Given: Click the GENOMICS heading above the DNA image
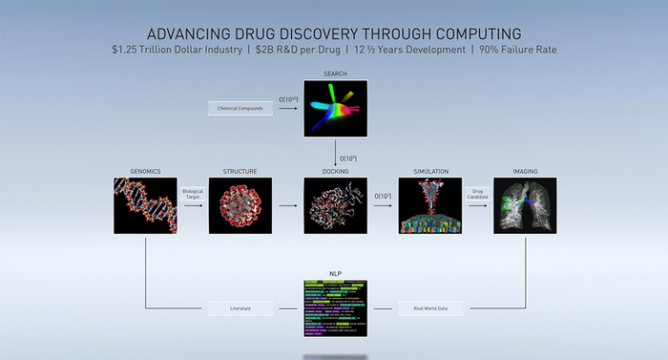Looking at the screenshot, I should (145, 172).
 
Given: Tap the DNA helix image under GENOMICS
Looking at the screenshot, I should (145, 205).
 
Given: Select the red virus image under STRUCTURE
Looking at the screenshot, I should (240, 205).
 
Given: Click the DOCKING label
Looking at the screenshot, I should (335, 172).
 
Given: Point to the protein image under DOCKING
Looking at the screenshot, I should (335, 205).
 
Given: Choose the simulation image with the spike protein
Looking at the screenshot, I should (429, 205).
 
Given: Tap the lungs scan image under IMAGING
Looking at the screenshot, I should (525, 205).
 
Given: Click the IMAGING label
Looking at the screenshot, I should (525, 172).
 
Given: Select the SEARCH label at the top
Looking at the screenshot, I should (335, 74).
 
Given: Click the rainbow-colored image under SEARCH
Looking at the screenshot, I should (335, 108).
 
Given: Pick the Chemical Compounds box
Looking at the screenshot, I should (240, 109).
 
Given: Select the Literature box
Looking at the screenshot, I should (240, 309).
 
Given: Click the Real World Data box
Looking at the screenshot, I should (430, 309).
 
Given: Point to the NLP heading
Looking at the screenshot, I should (335, 272).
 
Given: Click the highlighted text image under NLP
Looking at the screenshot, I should (335, 309).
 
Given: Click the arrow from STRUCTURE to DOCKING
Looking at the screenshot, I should (287, 204).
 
